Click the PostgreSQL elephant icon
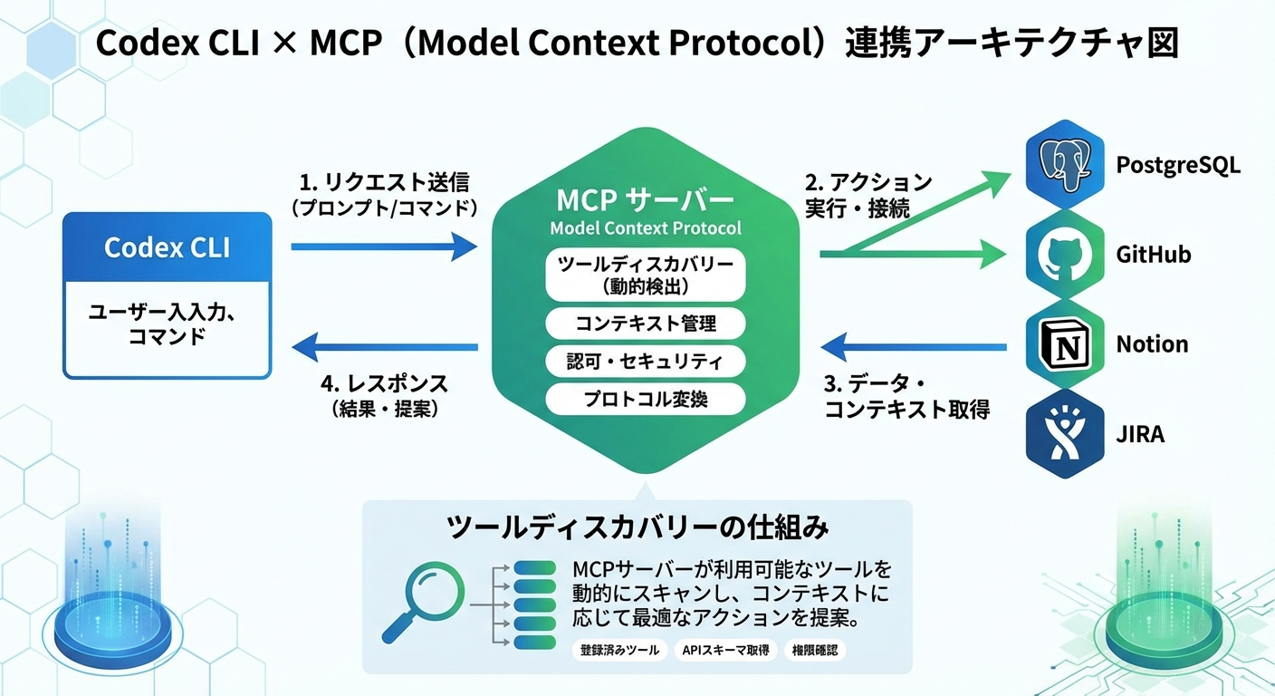tap(1065, 165)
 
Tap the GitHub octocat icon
tap(1065, 255)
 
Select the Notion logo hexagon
tap(1065, 344)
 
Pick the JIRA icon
tap(1065, 434)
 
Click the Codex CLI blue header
tap(168, 246)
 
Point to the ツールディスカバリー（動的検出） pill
tap(645, 275)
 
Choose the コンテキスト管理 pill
tap(645, 323)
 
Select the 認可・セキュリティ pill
tap(645, 362)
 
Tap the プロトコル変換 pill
tap(645, 399)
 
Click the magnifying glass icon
tap(420, 600)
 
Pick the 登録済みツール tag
tap(619, 651)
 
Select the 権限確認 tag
tap(816, 651)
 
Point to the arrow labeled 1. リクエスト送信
tap(384, 246)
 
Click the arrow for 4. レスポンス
tap(384, 346)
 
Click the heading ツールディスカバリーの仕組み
tap(637, 528)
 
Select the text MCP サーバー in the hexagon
tap(645, 199)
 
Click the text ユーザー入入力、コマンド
tap(168, 324)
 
